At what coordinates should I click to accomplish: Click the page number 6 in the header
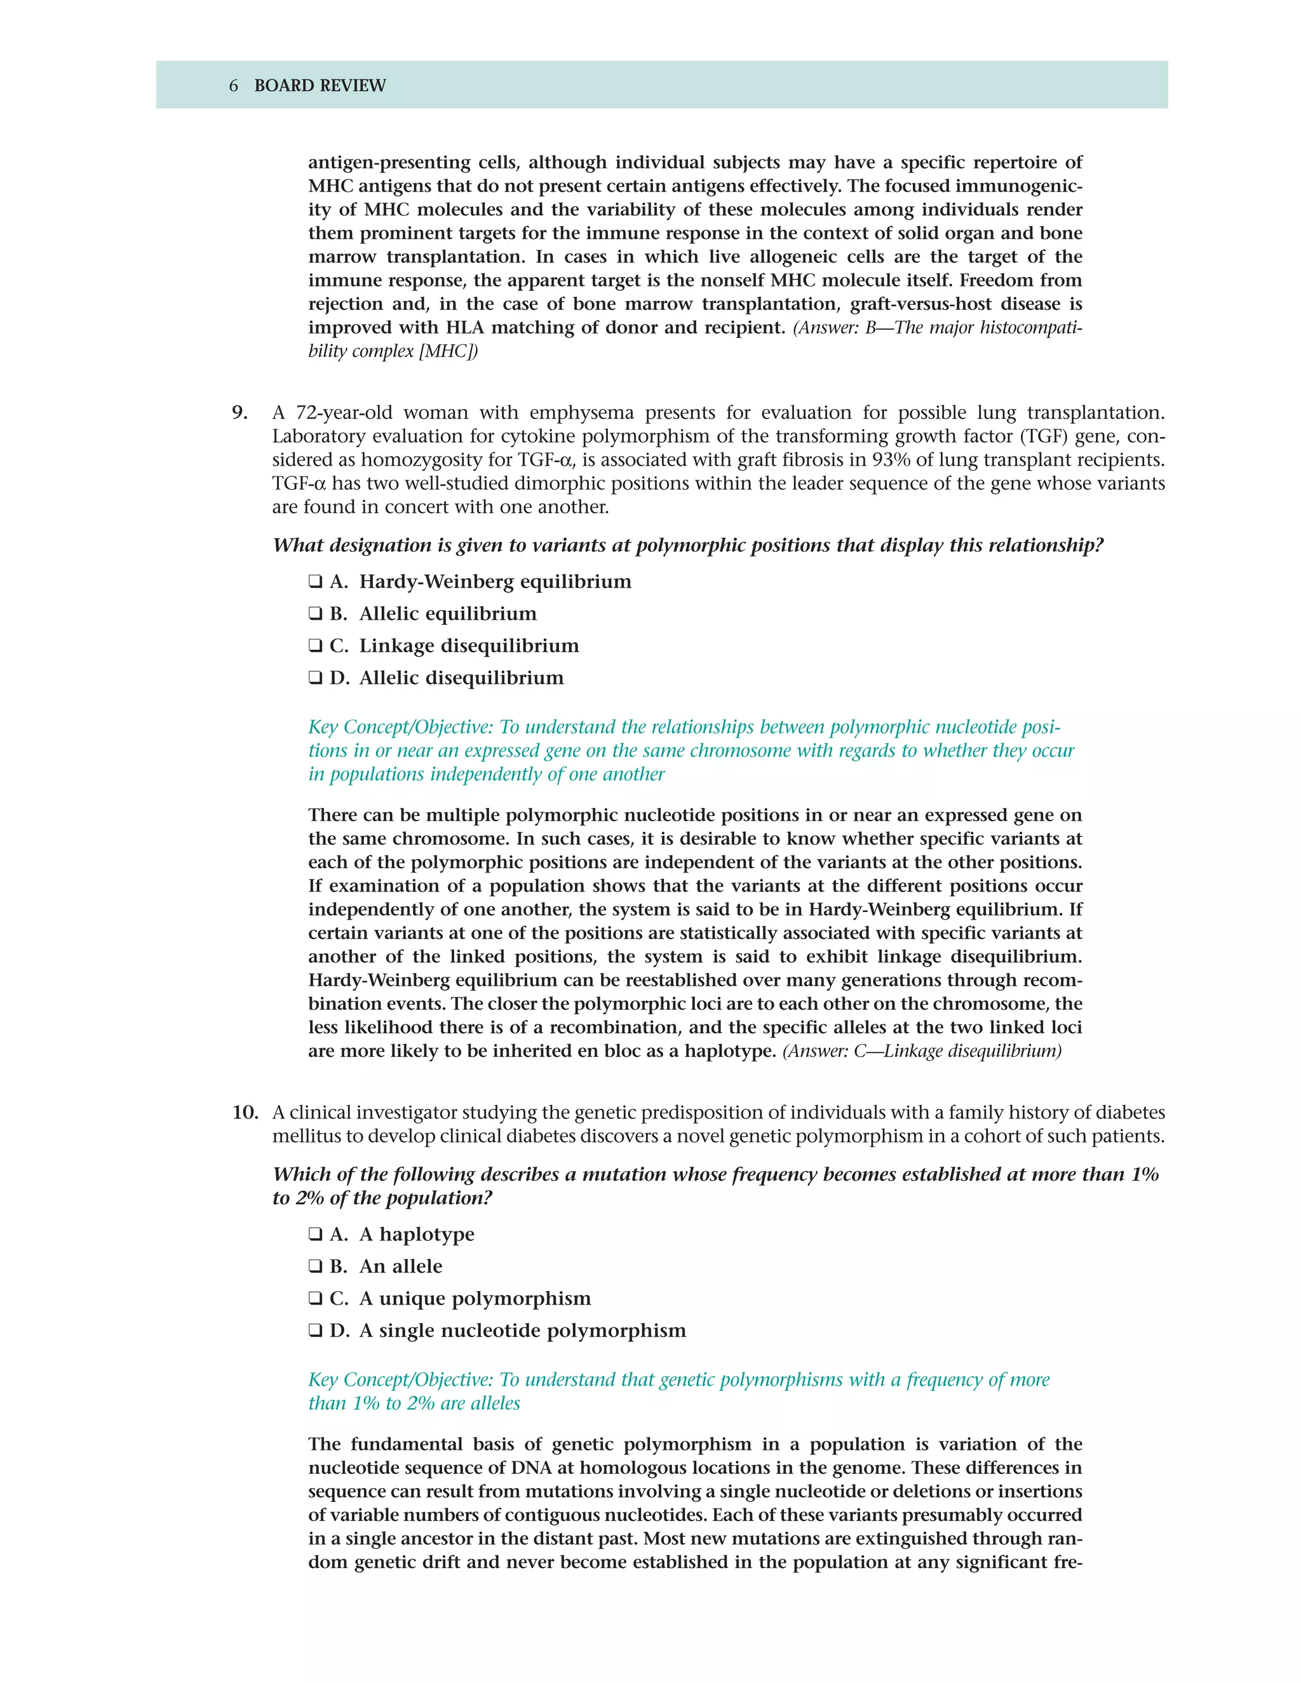tap(234, 86)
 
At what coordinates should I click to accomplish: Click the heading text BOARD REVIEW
tap(320, 86)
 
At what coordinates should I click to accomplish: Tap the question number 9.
tap(239, 413)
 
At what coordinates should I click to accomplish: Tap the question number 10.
tap(245, 1113)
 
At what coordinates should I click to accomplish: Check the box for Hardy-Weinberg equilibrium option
tap(315, 582)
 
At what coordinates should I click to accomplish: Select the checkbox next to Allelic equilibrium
tap(315, 614)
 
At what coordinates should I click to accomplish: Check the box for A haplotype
tap(315, 1235)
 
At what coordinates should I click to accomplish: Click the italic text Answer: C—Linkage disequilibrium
tap(922, 1051)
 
